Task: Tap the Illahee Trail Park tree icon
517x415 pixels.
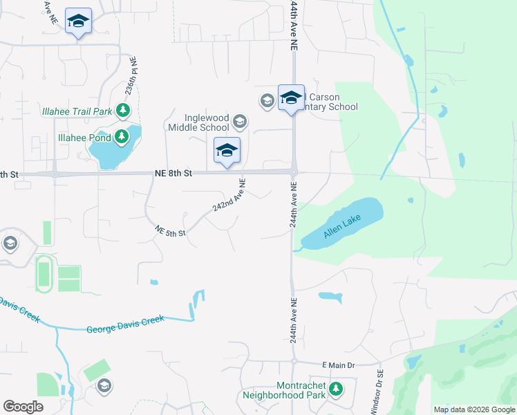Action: coord(122,110)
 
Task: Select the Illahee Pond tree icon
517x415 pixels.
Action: coord(122,137)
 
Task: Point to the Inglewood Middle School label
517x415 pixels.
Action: coord(206,122)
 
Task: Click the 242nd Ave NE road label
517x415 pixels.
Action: coord(229,196)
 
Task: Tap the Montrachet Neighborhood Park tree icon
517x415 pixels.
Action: coord(336,390)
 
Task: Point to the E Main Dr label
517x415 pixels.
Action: coord(338,365)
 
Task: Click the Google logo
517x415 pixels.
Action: coord(23,407)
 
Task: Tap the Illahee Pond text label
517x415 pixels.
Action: coord(85,138)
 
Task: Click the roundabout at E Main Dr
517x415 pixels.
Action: coord(294,361)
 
